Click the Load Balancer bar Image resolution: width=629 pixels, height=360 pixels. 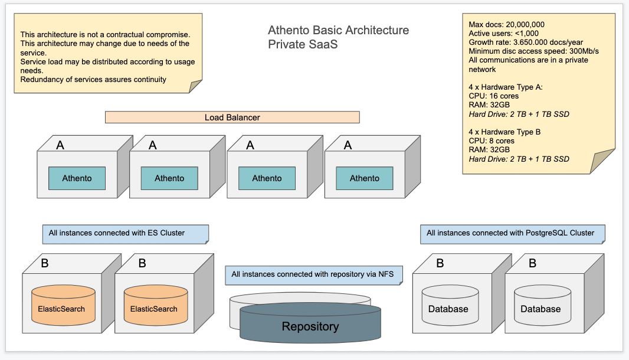(232, 117)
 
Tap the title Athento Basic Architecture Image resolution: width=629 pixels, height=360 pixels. (338, 30)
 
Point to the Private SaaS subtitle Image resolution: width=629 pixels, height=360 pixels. (303, 44)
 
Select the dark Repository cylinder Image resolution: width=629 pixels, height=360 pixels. (310, 325)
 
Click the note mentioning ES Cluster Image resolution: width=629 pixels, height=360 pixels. (126, 233)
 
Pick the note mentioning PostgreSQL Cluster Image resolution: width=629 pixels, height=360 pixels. (512, 233)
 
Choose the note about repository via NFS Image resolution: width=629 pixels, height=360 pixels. (313, 274)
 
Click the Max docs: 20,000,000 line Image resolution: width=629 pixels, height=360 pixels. (506, 25)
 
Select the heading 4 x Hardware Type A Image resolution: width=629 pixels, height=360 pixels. (504, 87)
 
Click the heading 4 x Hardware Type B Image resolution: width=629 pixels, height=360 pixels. (504, 132)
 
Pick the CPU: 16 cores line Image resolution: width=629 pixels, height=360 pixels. (494, 96)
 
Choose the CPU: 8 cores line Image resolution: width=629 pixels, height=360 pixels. (492, 141)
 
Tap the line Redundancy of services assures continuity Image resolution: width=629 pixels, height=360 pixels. (93, 79)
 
